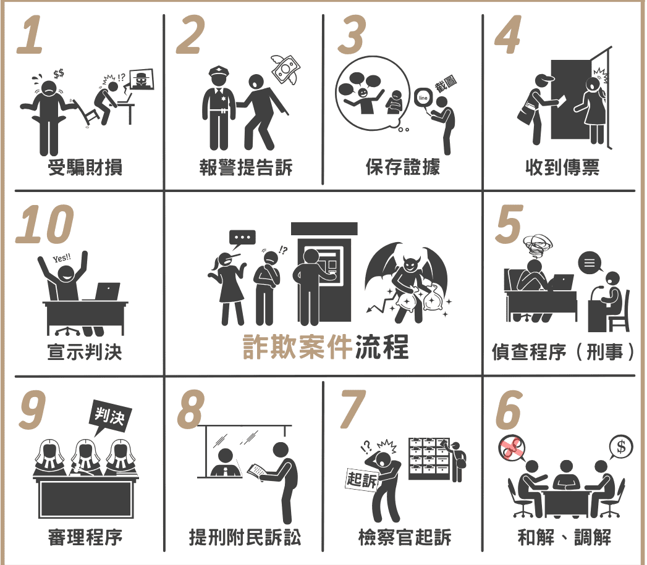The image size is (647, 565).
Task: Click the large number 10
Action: (x=44, y=224)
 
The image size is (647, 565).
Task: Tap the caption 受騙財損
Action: (x=85, y=167)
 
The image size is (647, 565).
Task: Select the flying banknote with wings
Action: (x=285, y=70)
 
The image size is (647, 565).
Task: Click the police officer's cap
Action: (x=221, y=73)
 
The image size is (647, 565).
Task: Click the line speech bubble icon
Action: (x=423, y=99)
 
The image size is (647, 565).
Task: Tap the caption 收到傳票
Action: (x=562, y=167)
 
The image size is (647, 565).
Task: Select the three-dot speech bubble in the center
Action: (x=242, y=239)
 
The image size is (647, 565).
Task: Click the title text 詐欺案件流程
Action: (x=326, y=346)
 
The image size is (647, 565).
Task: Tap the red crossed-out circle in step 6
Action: (x=512, y=448)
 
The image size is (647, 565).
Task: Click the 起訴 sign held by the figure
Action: (x=362, y=480)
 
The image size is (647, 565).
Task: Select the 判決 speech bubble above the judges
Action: (x=110, y=417)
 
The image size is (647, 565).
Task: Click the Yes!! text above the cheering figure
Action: (x=62, y=258)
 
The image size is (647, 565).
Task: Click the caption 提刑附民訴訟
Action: (x=245, y=537)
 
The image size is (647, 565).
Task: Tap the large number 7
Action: (x=353, y=409)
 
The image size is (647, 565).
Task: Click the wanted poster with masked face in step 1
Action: (x=142, y=80)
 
